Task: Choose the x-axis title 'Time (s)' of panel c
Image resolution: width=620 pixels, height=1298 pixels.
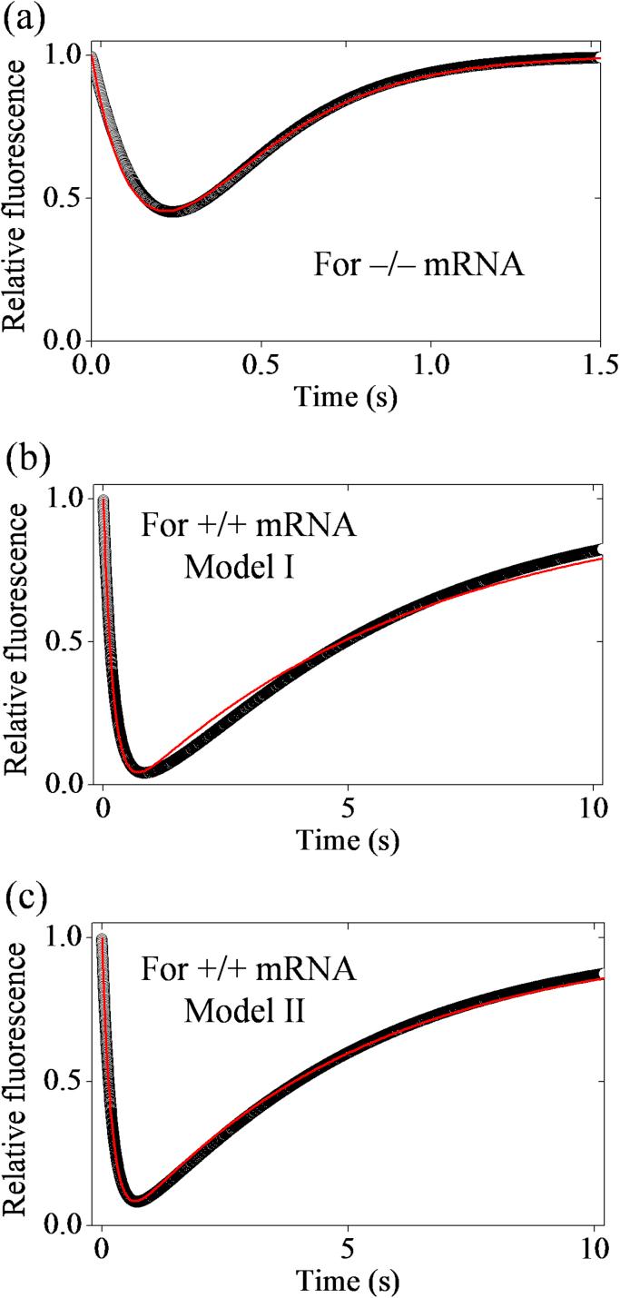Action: coord(346,1279)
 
